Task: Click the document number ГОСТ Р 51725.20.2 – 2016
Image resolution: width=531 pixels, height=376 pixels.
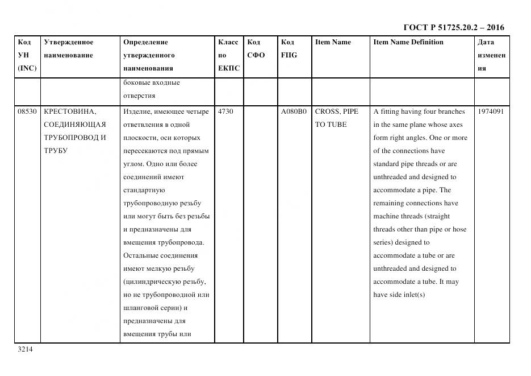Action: pos(453,27)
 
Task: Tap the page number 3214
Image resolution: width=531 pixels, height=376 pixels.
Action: pos(25,349)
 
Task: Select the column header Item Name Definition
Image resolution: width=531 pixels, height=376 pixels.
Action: pos(408,42)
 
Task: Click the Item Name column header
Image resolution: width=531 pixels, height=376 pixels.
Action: pos(333,42)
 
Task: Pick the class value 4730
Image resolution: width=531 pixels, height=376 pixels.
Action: pos(225,111)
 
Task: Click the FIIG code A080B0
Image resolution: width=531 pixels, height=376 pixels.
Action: pos(294,111)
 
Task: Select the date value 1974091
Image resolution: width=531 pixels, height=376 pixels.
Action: pos(491,111)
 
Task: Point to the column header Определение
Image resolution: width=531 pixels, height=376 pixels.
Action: pos(145,42)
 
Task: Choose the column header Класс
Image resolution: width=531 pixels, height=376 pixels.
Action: pos(228,42)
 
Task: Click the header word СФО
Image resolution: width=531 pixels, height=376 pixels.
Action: pos(256,55)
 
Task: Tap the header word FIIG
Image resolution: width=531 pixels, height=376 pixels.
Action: pos(289,55)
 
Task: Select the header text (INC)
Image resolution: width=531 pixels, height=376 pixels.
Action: pos(27,68)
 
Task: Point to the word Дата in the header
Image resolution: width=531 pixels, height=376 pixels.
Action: pos(486,42)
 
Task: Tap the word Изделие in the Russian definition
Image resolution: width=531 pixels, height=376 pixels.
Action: pos(137,111)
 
